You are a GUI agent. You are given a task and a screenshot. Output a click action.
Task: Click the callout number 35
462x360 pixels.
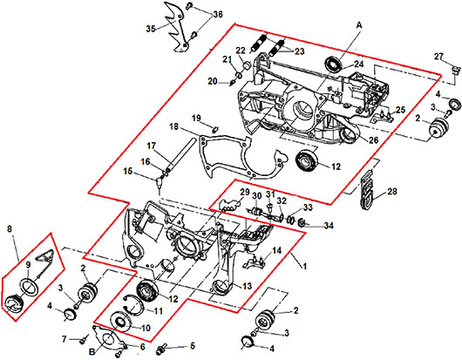pos(151,29)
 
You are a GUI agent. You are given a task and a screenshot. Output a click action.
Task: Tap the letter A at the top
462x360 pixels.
pos(359,25)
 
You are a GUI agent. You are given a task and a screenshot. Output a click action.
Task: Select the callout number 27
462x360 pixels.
pos(438,56)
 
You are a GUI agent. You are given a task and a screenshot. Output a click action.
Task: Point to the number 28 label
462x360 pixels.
pos(392,192)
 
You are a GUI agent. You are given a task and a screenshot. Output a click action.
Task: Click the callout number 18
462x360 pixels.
pos(173,126)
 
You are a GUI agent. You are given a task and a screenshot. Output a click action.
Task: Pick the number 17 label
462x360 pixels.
pos(151,146)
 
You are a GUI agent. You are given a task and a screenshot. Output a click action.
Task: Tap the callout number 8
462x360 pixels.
pos(10,228)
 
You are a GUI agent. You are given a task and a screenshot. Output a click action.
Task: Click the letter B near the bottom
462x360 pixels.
pos(92,351)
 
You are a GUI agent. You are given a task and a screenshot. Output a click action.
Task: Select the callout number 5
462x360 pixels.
pos(193,345)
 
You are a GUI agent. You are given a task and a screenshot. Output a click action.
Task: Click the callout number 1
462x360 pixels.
pos(305,267)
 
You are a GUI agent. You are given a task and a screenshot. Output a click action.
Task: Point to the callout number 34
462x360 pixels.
pos(329,226)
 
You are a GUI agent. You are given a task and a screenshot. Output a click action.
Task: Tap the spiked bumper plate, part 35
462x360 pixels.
pos(177,28)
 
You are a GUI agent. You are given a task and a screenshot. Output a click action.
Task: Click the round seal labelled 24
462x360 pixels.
pos(333,65)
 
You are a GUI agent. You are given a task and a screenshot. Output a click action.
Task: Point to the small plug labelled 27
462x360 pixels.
pos(456,71)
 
